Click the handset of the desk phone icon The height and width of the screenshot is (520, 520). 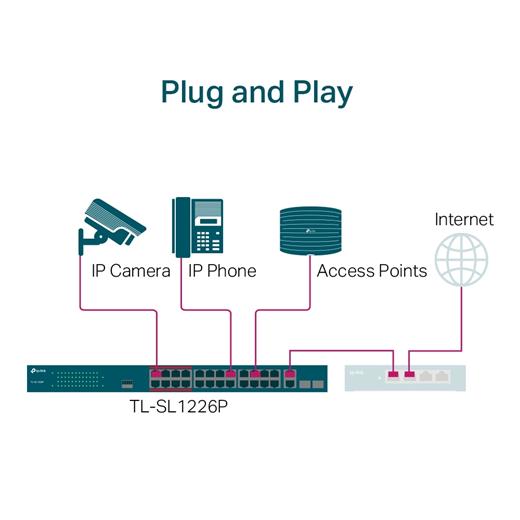pyautogui.click(x=181, y=225)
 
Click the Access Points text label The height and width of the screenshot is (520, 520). pyautogui.click(x=371, y=271)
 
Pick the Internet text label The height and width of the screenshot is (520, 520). pyautogui.click(x=463, y=219)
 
